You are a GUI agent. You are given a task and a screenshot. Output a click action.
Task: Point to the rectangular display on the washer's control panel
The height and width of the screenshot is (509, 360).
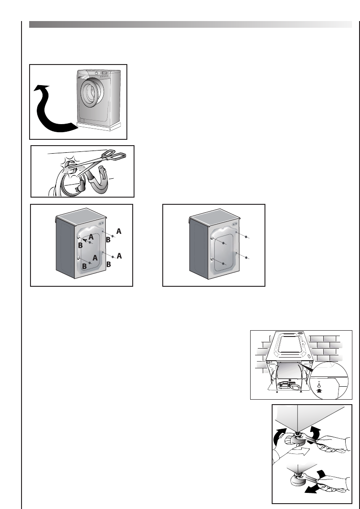[x=105, y=73]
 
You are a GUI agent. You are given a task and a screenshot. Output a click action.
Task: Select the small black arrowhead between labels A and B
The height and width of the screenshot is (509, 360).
[x=85, y=240]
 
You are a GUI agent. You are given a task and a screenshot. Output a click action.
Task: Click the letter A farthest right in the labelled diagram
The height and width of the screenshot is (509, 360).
[x=119, y=256]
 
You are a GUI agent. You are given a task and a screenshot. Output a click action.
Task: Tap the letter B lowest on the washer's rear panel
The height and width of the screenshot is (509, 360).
[x=84, y=267]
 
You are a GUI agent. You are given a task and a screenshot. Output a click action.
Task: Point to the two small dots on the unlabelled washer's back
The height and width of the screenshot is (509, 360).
[x=234, y=224]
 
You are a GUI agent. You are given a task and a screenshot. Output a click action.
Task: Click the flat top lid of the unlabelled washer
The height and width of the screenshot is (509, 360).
[x=215, y=216]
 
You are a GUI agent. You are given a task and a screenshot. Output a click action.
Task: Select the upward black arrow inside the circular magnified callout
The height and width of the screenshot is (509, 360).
[x=320, y=391]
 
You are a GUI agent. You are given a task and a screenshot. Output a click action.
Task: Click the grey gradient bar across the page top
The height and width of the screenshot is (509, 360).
[x=191, y=24]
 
